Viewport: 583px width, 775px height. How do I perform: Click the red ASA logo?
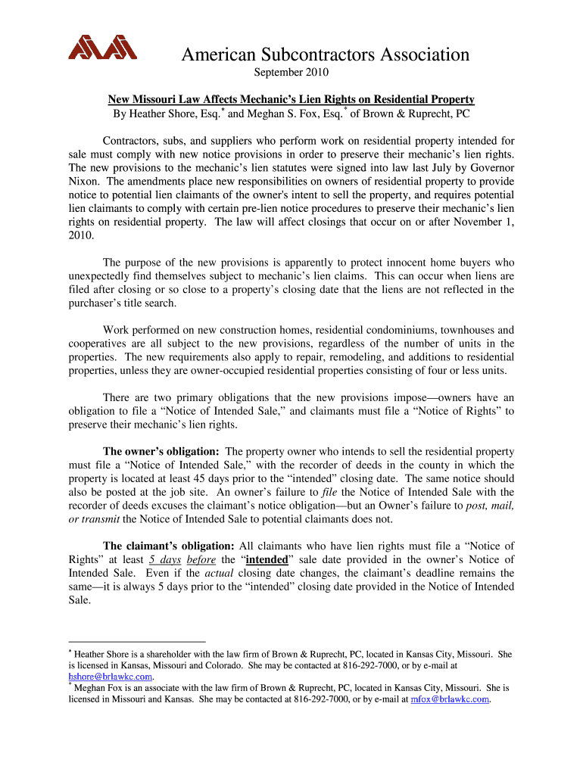(102, 48)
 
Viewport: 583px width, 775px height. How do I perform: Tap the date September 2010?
(291, 73)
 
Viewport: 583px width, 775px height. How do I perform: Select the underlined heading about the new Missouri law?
(291, 99)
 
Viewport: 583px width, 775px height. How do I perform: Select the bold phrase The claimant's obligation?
(168, 546)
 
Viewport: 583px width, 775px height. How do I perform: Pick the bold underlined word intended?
(267, 559)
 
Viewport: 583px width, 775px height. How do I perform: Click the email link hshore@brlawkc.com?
(111, 677)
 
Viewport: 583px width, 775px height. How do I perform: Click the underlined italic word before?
(201, 559)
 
